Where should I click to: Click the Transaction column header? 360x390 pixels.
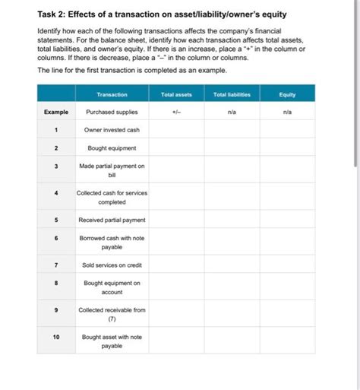click(112, 94)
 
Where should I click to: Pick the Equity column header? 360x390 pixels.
click(287, 94)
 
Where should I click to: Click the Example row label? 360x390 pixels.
click(55, 112)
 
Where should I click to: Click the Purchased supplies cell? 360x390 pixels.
click(112, 112)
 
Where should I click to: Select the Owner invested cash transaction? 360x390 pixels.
click(112, 130)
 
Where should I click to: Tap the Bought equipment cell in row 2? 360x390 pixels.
click(112, 148)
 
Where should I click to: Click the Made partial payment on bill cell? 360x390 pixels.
click(112, 170)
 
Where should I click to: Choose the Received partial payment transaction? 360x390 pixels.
click(112, 220)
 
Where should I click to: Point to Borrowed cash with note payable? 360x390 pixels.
click(112, 243)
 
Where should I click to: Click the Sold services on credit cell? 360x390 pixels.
click(112, 265)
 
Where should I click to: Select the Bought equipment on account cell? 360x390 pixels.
click(112, 287)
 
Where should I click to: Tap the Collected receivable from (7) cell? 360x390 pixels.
click(112, 314)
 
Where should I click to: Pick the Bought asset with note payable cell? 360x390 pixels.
click(112, 340)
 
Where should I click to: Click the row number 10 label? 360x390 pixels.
click(55, 335)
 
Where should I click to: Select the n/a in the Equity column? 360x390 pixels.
click(287, 112)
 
